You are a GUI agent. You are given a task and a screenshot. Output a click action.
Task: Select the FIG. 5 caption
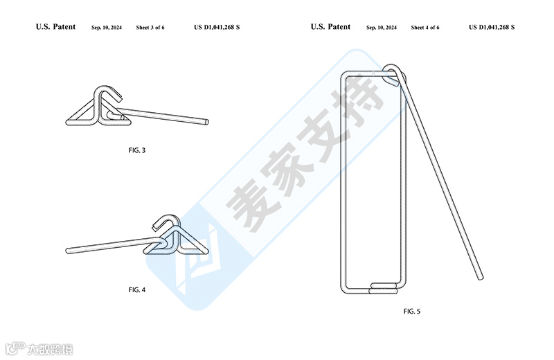point(411,312)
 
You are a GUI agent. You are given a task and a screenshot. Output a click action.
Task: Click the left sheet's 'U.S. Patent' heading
point(55,27)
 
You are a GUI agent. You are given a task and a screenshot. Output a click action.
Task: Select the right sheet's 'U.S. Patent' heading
point(330,27)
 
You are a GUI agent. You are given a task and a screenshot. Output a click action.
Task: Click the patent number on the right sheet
point(492,28)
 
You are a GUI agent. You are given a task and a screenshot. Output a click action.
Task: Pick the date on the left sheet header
point(107,28)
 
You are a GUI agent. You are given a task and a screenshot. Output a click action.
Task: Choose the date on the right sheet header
point(382,28)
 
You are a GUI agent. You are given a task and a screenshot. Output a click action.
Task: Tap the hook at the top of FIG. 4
point(163,222)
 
